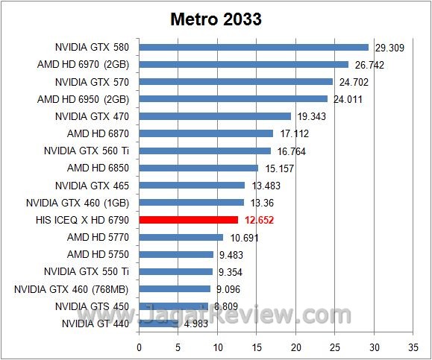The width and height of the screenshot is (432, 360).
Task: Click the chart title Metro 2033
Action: (215, 19)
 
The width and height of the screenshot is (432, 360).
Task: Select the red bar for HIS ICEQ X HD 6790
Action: (188, 220)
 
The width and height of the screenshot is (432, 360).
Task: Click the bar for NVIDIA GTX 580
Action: (254, 47)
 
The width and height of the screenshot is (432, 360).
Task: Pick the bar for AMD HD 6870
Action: (206, 133)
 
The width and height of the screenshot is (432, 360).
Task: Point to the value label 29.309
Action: (389, 48)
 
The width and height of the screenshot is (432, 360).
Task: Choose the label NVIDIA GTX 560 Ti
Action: (93, 151)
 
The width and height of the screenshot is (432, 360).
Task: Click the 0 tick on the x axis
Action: (139, 347)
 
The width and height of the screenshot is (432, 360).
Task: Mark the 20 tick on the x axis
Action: (295, 347)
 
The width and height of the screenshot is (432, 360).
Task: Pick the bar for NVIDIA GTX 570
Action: (236, 81)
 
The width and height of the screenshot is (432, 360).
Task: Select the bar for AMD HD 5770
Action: (181, 237)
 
